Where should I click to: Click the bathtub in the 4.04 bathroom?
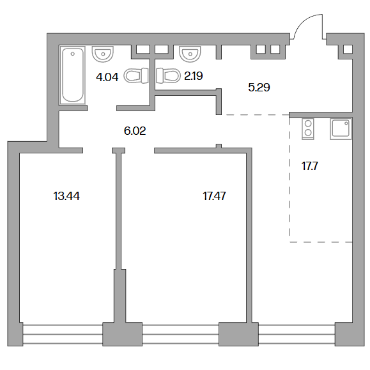pyautogui.click(x=72, y=75)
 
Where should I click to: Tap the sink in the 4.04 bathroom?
pyautogui.click(x=103, y=54)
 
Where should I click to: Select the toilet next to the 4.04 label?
pyautogui.click(x=136, y=76)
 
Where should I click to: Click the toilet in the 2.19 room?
pyautogui.click(x=168, y=75)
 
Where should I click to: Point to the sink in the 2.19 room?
pyautogui.click(x=190, y=54)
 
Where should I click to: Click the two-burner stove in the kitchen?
pyautogui.click(x=308, y=129)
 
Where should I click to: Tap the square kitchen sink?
pyautogui.click(x=341, y=129)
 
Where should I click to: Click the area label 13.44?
pyautogui.click(x=66, y=196)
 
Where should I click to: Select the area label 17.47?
pyautogui.click(x=214, y=196)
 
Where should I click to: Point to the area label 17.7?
pyautogui.click(x=310, y=166)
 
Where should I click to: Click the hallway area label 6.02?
pyautogui.click(x=135, y=131)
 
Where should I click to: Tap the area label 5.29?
pyautogui.click(x=259, y=88)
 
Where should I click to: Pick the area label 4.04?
pyautogui.click(x=107, y=77)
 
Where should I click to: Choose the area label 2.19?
pyautogui.click(x=194, y=76)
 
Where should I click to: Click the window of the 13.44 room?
pyautogui.click(x=63, y=334)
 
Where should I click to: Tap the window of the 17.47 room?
pyautogui.click(x=180, y=334)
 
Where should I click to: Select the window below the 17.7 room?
pyautogui.click(x=297, y=334)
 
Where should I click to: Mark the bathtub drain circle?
pyautogui.click(x=72, y=54)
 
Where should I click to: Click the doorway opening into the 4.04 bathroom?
pyautogui.click(x=102, y=108)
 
